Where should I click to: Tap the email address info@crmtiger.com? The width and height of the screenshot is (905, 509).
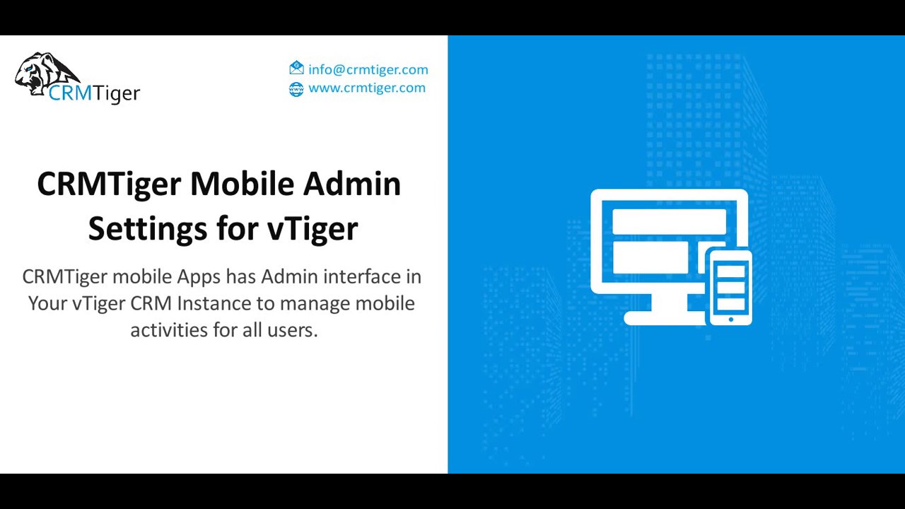point(368,69)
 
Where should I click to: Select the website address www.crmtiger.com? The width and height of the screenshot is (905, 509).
point(366,88)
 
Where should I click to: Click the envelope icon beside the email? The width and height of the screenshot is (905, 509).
point(296,69)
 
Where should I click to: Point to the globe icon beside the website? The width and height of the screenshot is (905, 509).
point(296,88)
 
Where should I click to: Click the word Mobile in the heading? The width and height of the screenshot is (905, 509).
point(242,184)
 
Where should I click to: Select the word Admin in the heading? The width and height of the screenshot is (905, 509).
point(351,184)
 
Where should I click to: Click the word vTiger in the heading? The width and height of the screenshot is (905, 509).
point(312,229)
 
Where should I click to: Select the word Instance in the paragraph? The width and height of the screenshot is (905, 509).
point(214,303)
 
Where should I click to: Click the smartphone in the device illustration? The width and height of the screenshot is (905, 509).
point(730,286)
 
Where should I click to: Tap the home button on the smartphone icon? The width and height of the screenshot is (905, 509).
point(730,320)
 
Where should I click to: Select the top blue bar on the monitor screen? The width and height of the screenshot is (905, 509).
point(668,221)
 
